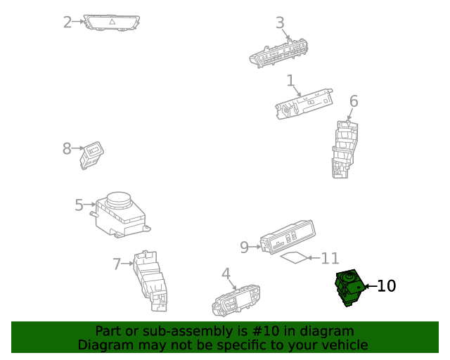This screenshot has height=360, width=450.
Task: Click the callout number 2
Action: coord(67,22)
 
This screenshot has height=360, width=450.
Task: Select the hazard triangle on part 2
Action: coord(111,22)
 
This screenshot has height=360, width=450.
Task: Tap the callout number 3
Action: coord(280,22)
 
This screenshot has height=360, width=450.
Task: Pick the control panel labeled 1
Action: coord(304,103)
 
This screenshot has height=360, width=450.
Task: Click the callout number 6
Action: coord(354,101)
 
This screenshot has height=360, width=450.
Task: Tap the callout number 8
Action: coord(67,148)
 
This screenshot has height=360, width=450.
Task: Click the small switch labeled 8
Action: coord(92,154)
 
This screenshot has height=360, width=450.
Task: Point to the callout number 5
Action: coord(79,205)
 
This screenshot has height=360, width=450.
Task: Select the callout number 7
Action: coord(117,264)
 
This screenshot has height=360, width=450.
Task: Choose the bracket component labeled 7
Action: coord(151,280)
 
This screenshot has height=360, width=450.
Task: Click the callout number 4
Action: coord(226,273)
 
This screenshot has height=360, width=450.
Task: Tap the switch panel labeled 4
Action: coord(237,300)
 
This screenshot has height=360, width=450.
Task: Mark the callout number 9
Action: coord(245,247)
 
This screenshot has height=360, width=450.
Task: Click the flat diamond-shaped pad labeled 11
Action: coord(295,258)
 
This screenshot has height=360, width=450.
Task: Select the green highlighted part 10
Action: coord(348,287)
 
